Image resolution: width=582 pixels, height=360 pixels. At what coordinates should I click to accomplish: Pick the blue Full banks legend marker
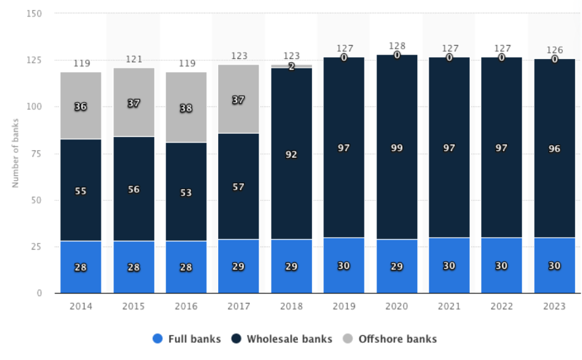coord(158,339)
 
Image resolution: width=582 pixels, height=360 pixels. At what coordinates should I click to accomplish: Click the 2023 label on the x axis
coord(555,306)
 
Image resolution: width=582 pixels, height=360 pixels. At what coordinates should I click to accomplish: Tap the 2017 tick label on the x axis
coord(239,306)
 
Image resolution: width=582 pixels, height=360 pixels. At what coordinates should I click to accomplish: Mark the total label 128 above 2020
coord(397,46)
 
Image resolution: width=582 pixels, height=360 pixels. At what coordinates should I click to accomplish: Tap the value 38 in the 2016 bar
coord(186,108)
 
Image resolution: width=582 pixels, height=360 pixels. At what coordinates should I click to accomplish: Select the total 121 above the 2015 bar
coord(134,59)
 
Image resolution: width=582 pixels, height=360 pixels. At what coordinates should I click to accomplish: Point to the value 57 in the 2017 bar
coord(239,187)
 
